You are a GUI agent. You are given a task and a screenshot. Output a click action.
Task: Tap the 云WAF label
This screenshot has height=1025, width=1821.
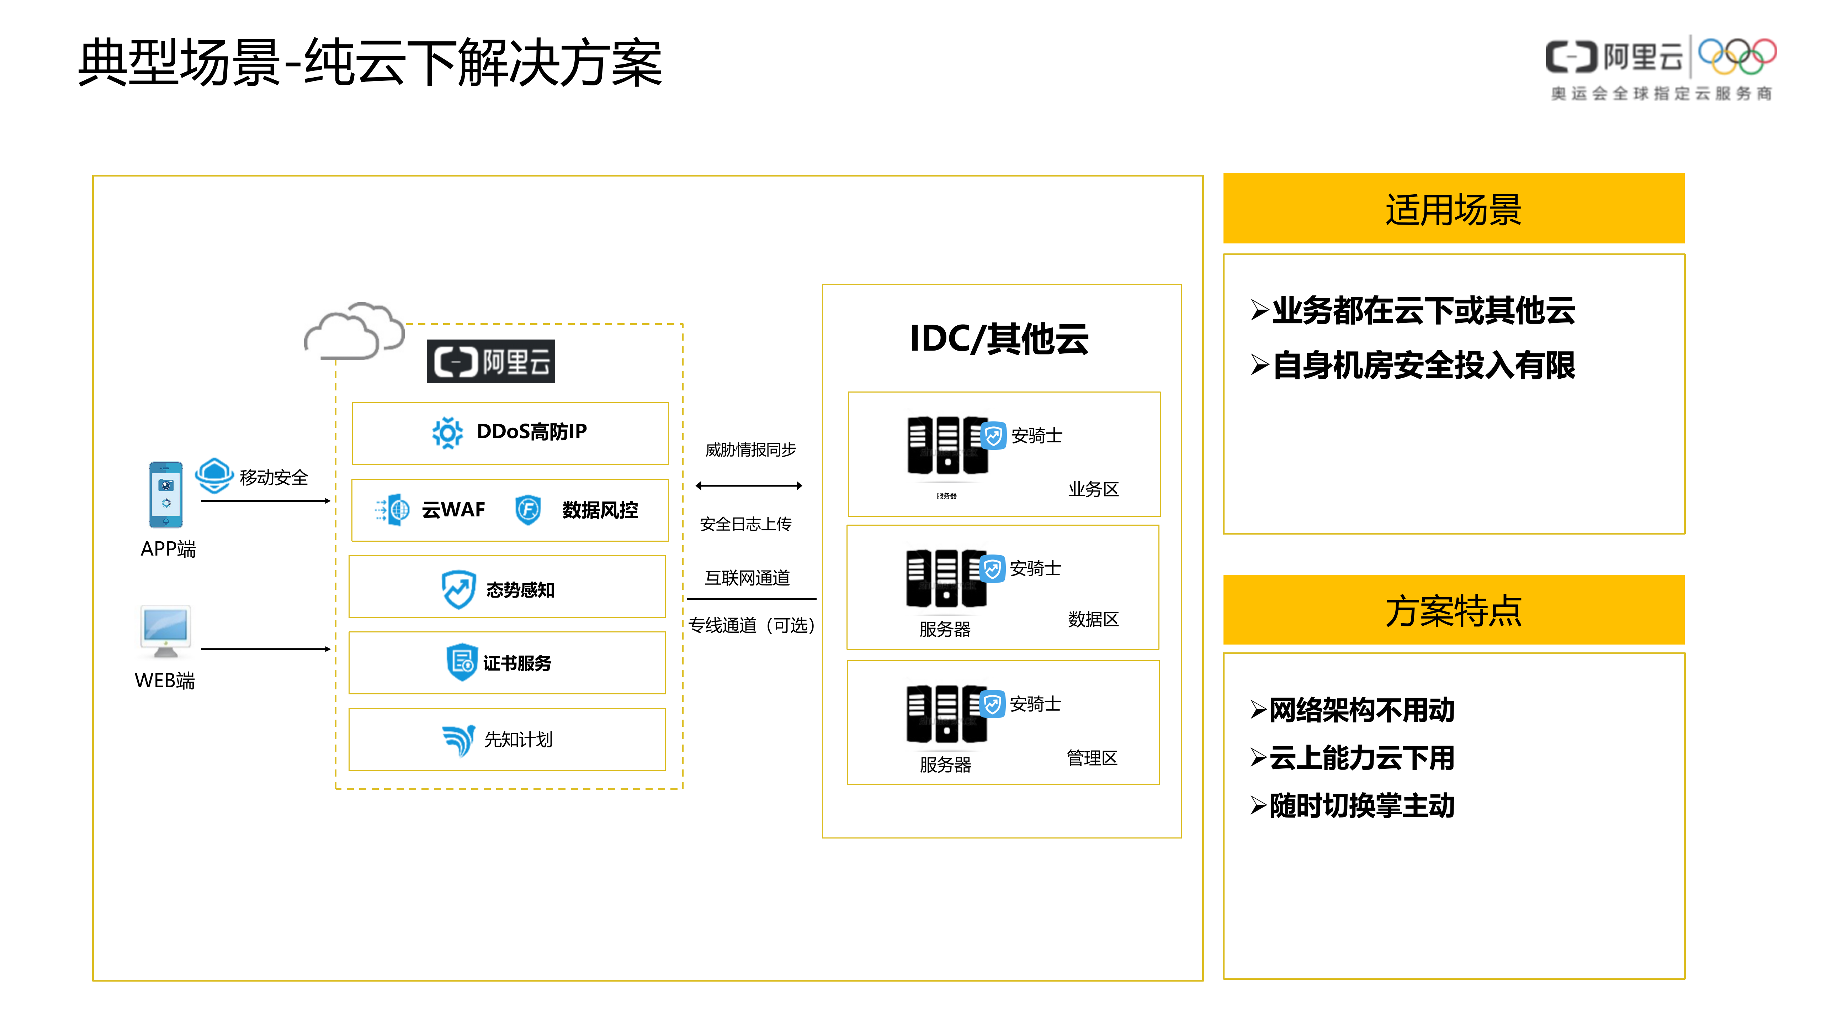click(453, 509)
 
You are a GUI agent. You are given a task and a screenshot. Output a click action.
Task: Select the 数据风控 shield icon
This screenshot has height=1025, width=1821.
click(528, 509)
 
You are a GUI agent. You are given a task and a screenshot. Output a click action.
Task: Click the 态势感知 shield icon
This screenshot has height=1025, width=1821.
click(458, 589)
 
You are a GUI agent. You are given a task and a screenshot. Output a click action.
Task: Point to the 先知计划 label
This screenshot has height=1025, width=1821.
click(518, 739)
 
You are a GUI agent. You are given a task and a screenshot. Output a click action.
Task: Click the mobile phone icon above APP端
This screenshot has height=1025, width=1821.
click(165, 494)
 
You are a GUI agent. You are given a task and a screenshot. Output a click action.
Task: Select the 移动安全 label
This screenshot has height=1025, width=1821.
click(274, 478)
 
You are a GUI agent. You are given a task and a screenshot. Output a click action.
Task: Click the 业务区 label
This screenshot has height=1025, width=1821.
click(1093, 489)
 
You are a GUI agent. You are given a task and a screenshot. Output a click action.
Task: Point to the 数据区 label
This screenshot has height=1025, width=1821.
click(1093, 619)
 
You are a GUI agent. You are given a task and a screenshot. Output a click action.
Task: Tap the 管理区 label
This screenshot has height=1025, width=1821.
click(1092, 758)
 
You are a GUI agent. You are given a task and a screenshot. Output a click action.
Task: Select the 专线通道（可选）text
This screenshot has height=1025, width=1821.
click(752, 625)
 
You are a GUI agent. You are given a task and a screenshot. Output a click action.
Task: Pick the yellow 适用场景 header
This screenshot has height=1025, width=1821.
click(1453, 209)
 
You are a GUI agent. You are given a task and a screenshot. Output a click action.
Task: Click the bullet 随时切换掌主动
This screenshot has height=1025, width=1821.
click(1361, 805)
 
